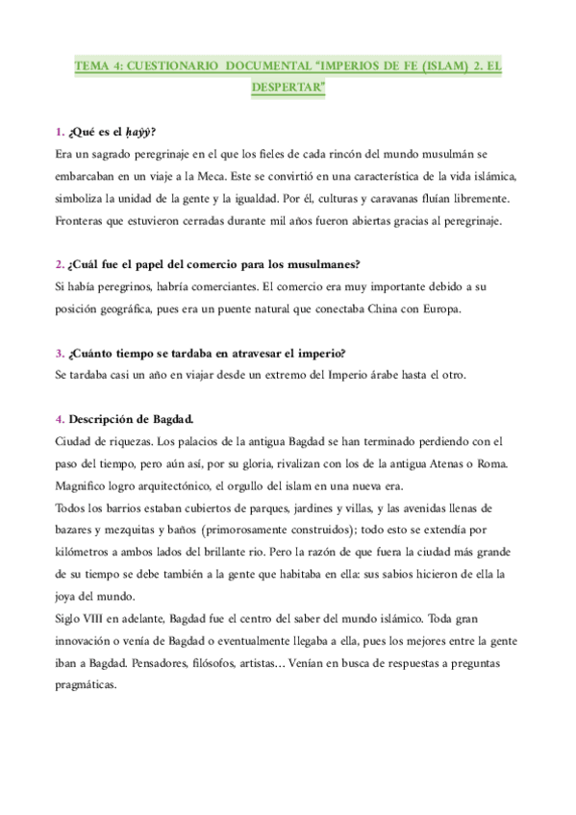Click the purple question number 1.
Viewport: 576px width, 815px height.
point(60,133)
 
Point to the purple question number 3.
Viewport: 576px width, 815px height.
point(60,353)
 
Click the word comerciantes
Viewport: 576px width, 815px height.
point(238,286)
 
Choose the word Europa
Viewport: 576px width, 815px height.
point(438,309)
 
